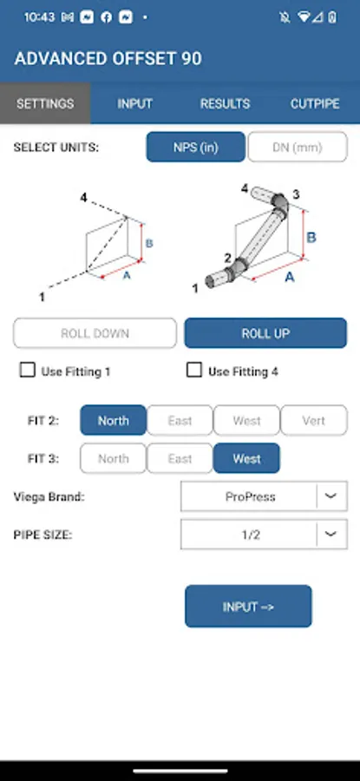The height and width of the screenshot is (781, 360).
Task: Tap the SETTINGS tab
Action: [45, 103]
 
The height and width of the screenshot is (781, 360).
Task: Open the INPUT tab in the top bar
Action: [135, 103]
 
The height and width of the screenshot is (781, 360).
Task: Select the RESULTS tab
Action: [225, 103]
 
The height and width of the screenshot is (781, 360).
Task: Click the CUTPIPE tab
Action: [315, 103]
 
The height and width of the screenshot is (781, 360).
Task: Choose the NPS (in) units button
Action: [196, 147]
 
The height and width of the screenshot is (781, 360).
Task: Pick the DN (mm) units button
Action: [298, 147]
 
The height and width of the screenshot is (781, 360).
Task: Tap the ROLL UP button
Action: [265, 333]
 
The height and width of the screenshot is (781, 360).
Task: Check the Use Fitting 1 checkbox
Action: [27, 371]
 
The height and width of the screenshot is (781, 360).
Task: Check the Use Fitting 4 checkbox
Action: [193, 371]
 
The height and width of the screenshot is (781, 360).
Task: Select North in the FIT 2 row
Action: [114, 420]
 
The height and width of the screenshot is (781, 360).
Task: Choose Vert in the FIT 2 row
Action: [314, 420]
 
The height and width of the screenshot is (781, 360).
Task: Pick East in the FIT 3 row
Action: [180, 458]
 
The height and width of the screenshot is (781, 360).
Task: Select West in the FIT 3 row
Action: [246, 458]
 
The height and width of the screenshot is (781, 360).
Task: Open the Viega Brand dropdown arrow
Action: [331, 496]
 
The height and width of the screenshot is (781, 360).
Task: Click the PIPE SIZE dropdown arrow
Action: [331, 534]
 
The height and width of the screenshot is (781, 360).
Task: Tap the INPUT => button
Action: [248, 607]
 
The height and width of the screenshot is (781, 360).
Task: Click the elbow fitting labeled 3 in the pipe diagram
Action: [280, 204]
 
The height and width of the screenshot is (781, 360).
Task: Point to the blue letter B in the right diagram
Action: [311, 238]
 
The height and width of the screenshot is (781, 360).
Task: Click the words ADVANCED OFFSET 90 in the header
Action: [108, 59]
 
